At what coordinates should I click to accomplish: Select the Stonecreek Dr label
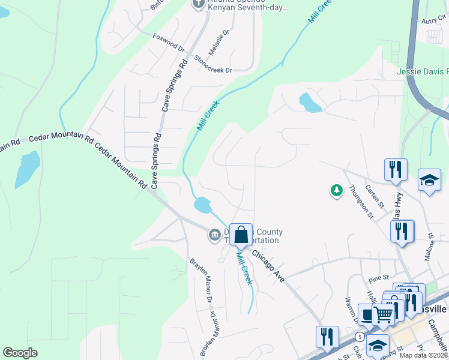(213, 65)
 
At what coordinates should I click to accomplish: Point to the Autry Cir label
(435, 20)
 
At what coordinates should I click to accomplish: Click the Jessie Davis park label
(423, 71)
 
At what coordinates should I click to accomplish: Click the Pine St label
(379, 278)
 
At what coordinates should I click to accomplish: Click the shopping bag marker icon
(241, 235)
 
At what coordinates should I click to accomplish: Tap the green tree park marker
(337, 191)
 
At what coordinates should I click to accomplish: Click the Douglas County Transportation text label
(253, 236)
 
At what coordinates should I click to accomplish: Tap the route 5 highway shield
(358, 337)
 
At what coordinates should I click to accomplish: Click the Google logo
(20, 353)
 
